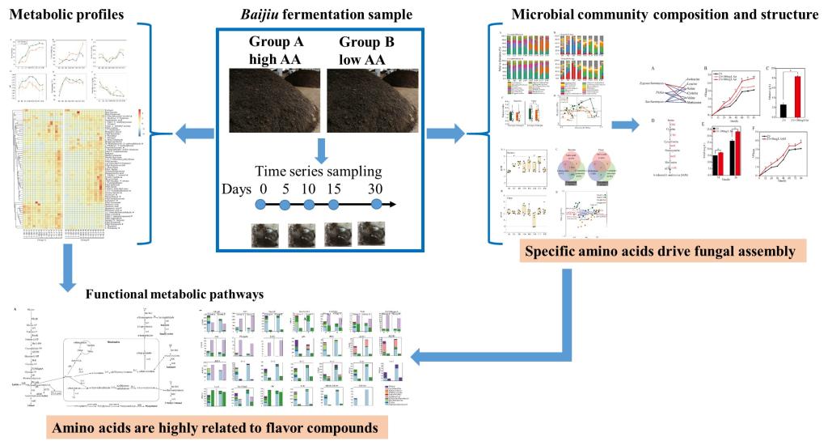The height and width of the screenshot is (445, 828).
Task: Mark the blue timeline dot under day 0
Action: coord(261,206)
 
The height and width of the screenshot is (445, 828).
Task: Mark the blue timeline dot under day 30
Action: coord(377,206)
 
